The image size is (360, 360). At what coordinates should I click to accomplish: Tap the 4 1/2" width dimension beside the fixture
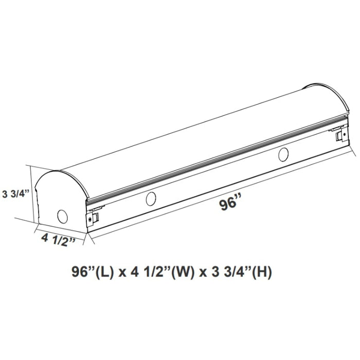tap(59, 240)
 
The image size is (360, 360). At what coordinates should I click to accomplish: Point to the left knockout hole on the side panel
tap(151, 199)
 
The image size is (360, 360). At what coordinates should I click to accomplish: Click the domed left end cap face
tap(59, 201)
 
